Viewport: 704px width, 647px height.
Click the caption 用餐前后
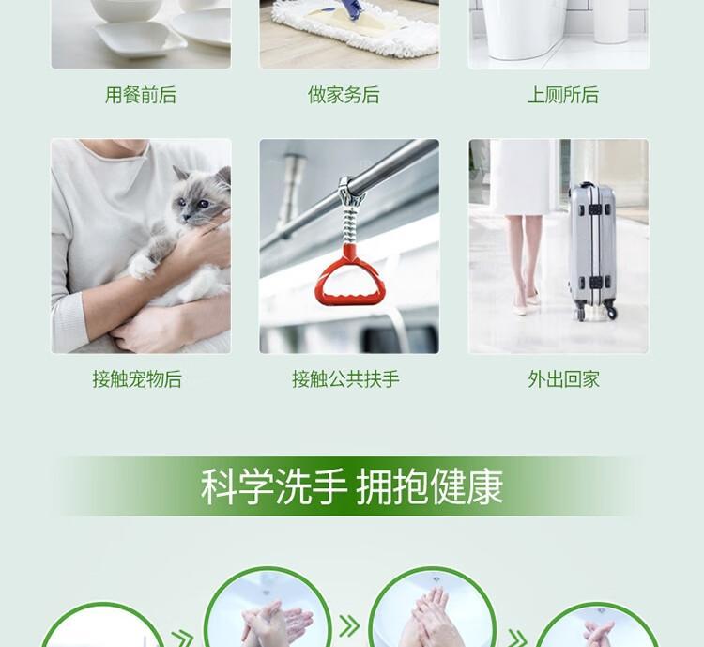(x=141, y=95)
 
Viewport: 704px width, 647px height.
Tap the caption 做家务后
(x=344, y=95)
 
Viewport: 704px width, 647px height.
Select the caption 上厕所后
(x=563, y=95)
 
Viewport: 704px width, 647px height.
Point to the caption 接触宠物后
(x=137, y=379)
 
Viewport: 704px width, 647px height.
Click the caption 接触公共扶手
(x=345, y=379)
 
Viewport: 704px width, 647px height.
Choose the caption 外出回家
(x=563, y=379)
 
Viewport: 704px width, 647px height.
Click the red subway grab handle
(x=350, y=277)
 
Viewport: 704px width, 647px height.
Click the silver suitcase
(x=591, y=251)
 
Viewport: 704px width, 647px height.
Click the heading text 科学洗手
(x=273, y=487)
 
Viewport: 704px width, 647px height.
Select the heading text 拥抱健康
(x=429, y=487)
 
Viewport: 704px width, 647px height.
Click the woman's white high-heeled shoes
(x=525, y=304)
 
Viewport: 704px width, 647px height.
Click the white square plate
(x=140, y=39)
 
